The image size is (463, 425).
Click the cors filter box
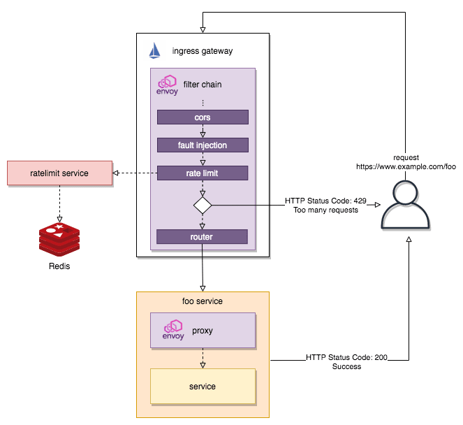tap(203, 117)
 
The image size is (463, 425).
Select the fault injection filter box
tap(203, 145)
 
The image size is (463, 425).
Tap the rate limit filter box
tap(203, 173)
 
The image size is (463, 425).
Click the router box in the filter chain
tap(203, 236)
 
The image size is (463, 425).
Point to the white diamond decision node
tap(203, 205)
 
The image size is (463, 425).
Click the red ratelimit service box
tap(59, 173)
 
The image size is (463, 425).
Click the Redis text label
tap(59, 266)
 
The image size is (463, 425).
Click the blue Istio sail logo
tap(155, 51)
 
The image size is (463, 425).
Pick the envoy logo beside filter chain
tap(168, 85)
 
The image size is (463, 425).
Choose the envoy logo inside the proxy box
tap(173, 329)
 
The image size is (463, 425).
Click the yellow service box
tap(203, 386)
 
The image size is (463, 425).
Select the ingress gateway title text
tap(203, 51)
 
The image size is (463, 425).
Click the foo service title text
tap(203, 301)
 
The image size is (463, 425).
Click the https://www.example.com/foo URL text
tap(405, 168)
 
